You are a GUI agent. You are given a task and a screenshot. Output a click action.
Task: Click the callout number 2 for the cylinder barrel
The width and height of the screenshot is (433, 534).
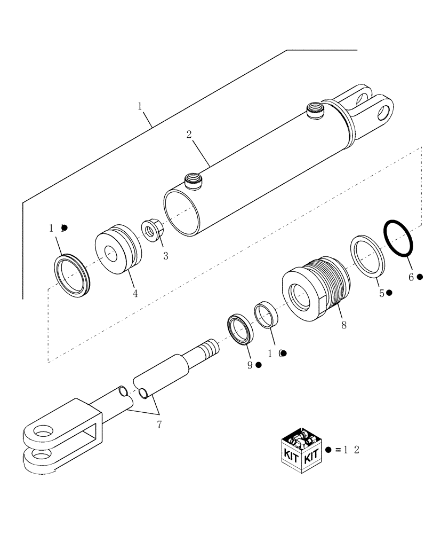tap(189, 135)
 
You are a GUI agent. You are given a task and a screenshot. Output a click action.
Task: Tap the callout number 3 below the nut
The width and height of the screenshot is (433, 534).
tap(165, 256)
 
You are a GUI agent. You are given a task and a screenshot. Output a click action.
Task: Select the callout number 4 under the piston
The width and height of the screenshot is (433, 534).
tap(135, 293)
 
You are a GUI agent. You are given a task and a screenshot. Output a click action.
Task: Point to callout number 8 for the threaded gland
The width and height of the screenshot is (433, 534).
tap(343, 325)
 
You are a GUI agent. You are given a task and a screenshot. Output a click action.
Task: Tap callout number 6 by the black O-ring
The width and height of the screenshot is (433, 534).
tap(411, 277)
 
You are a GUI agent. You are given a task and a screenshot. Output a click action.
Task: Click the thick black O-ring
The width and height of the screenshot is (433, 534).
tap(398, 238)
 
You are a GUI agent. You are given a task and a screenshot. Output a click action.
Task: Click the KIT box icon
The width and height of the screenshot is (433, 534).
tap(302, 450)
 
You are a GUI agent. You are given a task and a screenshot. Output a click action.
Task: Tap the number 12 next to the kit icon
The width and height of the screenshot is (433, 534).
tap(352, 450)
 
